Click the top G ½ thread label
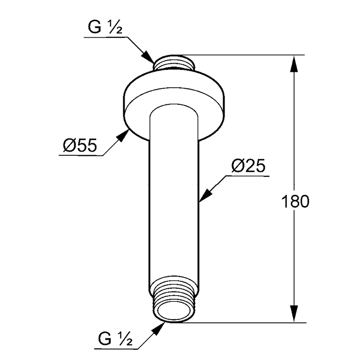pos(105,27)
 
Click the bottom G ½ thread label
pos(115,339)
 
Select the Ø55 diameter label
pos(80,145)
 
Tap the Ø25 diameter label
pos(248,166)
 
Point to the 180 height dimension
pos(295,201)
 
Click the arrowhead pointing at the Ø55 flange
pos(122,135)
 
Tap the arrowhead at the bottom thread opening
pos(158,329)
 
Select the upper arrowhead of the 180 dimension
pos(294,65)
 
